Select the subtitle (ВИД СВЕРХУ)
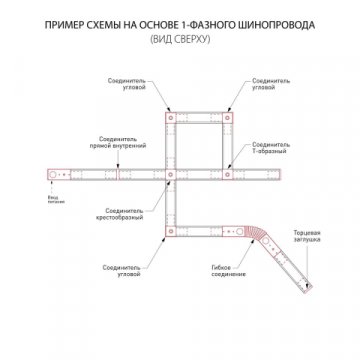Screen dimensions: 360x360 [180, 37]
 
